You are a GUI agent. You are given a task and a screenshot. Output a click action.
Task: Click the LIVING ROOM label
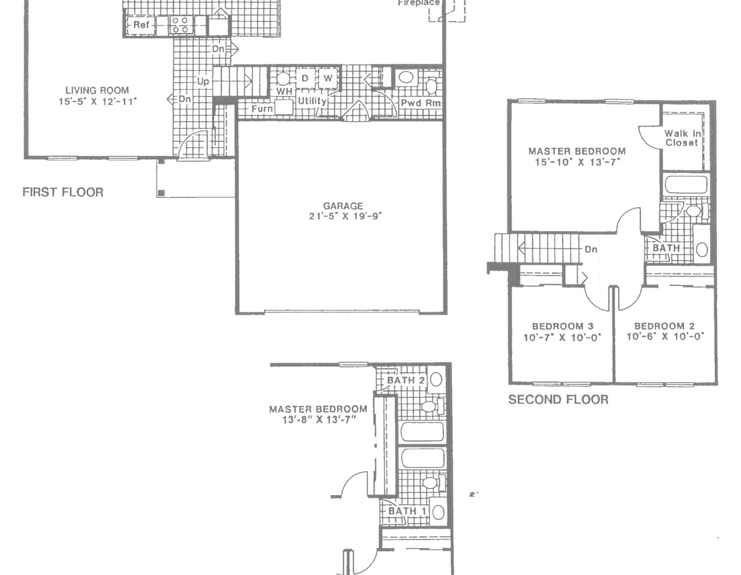point(97,90)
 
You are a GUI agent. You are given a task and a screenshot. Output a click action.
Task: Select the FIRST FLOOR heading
point(63,192)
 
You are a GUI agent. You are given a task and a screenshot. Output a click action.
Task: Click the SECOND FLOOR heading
point(558,399)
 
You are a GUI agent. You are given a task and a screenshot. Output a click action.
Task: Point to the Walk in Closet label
point(682,138)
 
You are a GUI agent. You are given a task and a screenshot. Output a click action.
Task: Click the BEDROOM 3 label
point(562,326)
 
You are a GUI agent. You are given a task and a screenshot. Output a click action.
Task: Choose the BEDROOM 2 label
point(664,326)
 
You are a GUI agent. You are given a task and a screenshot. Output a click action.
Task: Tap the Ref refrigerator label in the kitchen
point(138,24)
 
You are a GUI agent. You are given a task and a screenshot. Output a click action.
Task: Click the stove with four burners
point(180,25)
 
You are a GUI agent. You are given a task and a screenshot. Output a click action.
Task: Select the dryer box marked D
point(305,78)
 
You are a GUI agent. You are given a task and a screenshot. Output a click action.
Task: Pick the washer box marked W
point(328,78)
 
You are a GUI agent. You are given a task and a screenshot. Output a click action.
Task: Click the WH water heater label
point(284,91)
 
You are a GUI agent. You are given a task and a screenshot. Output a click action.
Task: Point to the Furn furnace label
point(262,108)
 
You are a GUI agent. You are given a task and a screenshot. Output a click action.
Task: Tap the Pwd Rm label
point(421,103)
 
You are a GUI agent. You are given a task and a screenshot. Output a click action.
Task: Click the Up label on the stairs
point(203,81)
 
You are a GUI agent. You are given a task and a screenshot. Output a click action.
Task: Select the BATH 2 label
point(405,380)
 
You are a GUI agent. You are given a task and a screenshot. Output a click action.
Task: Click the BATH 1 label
point(407,511)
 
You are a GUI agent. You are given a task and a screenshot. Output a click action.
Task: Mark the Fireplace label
point(418,3)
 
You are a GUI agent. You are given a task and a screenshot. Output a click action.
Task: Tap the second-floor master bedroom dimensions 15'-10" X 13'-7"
point(577,162)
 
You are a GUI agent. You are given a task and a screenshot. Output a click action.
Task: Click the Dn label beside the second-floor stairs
point(591,249)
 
